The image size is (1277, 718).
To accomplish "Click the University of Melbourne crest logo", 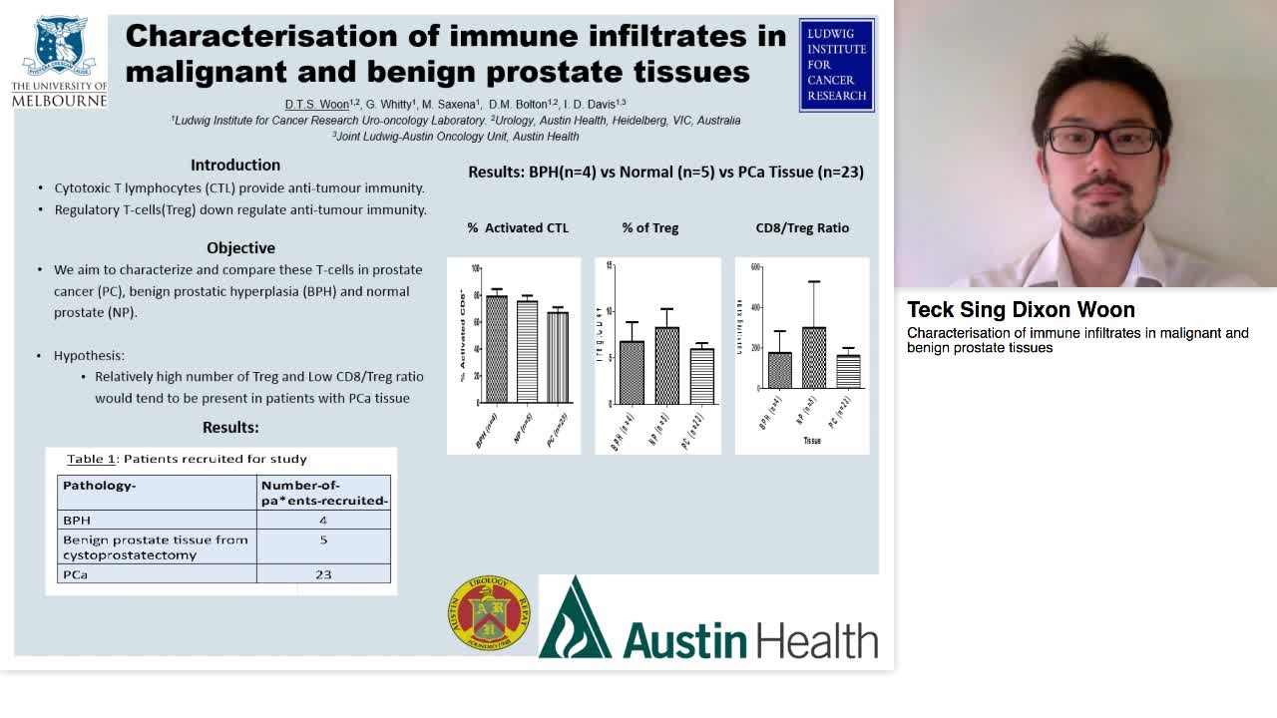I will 60,47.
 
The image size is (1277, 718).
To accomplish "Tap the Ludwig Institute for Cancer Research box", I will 836,65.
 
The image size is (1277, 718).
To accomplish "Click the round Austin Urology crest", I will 489,614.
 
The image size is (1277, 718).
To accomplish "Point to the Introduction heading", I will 235,165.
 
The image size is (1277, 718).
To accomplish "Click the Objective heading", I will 240,247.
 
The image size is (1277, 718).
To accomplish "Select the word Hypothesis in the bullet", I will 89,355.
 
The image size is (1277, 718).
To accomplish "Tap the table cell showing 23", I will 323,574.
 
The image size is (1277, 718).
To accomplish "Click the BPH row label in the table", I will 77,520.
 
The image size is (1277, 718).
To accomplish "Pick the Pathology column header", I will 99,486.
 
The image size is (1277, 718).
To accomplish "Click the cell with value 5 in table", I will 323,539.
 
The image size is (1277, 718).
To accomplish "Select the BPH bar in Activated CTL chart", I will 496,349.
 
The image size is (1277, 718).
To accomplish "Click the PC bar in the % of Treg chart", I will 701,376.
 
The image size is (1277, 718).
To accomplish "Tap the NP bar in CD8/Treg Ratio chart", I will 814,357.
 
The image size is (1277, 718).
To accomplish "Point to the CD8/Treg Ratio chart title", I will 802,227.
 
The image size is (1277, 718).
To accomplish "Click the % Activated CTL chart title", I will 518,227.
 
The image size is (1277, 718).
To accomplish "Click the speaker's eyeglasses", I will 1101,140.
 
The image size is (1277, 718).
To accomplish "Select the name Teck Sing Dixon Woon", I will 1021,309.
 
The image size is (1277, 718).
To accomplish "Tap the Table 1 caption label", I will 91,459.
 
